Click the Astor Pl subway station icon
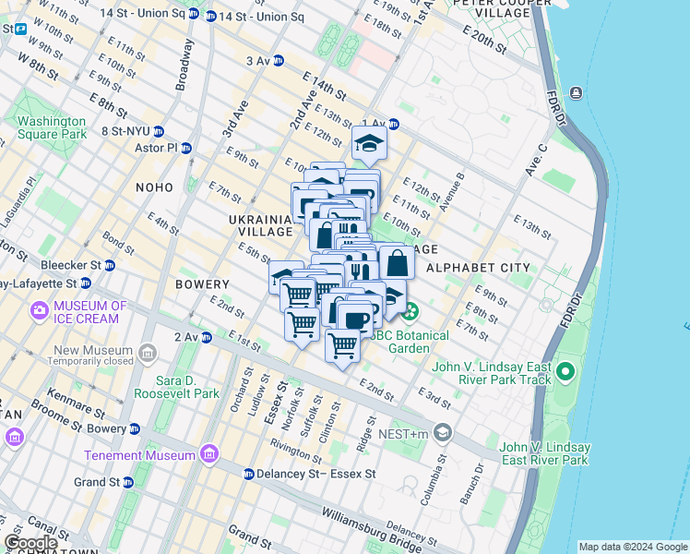(186, 148)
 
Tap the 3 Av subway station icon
(278, 61)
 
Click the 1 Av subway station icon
(393, 124)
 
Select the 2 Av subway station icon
(207, 337)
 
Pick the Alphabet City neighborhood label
(479, 268)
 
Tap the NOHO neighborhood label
(153, 187)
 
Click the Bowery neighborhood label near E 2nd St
(202, 284)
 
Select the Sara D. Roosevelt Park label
(176, 386)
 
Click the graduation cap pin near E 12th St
(369, 142)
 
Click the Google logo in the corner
(30, 543)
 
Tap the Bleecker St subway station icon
(110, 265)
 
